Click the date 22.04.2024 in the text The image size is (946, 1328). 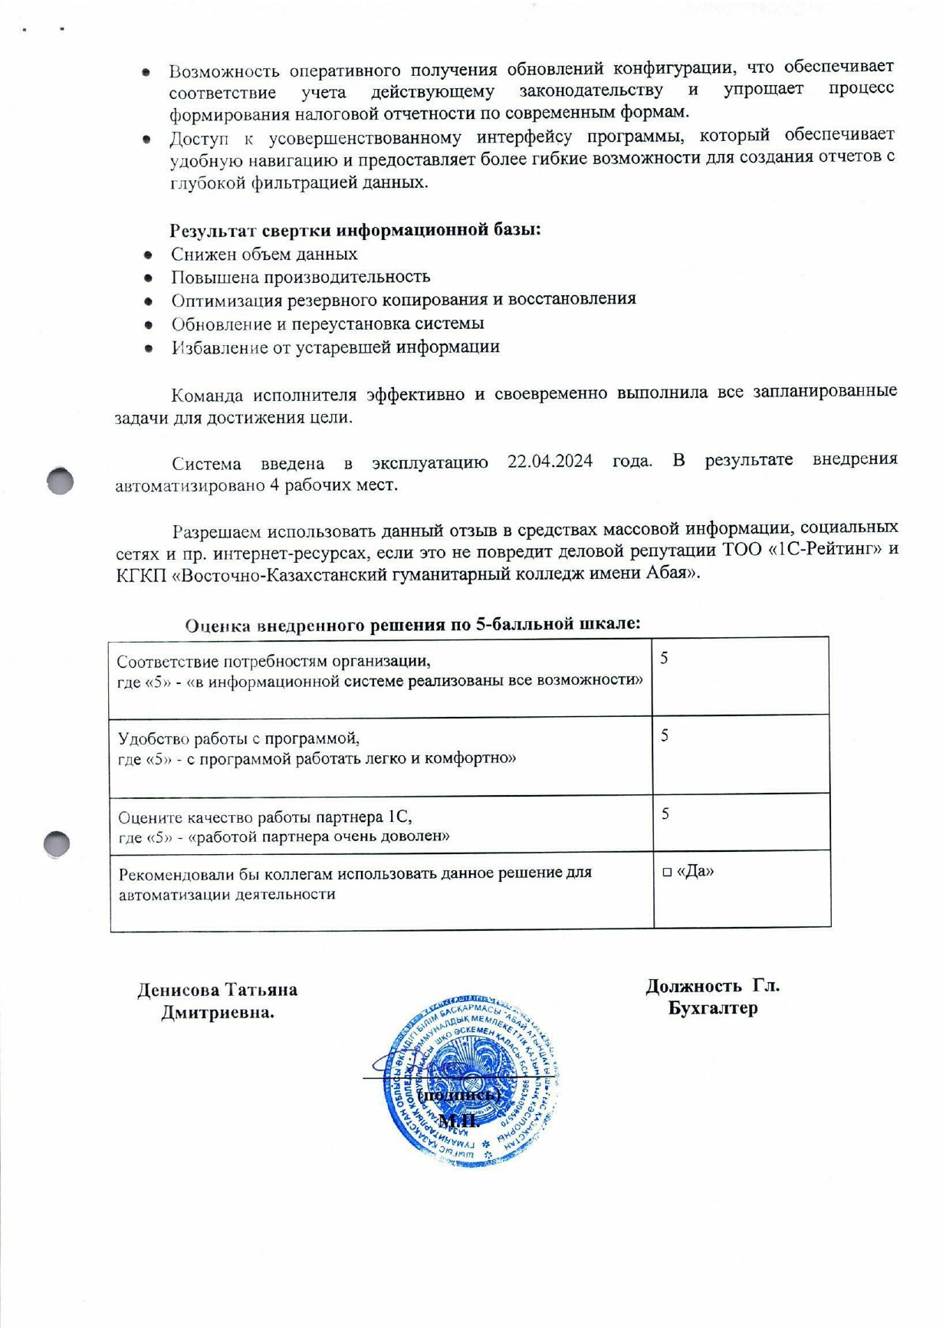click(550, 462)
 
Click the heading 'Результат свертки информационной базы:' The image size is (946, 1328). click(355, 230)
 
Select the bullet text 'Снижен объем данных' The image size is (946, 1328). click(264, 254)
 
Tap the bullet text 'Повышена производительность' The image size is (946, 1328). click(301, 276)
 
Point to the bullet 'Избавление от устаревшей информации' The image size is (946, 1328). click(335, 347)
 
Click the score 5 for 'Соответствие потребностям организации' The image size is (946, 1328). click(665, 658)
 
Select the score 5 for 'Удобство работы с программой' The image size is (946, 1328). click(665, 735)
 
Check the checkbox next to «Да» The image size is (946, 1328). click(667, 872)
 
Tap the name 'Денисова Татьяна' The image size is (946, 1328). click(217, 989)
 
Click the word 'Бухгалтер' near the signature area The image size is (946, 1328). click(712, 1008)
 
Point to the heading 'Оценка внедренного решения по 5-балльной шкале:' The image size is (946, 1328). click(412, 624)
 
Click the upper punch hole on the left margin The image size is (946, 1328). click(60, 481)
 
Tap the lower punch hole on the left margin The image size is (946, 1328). click(57, 843)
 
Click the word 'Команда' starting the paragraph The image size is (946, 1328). click(205, 395)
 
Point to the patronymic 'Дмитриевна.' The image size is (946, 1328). click(218, 1012)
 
